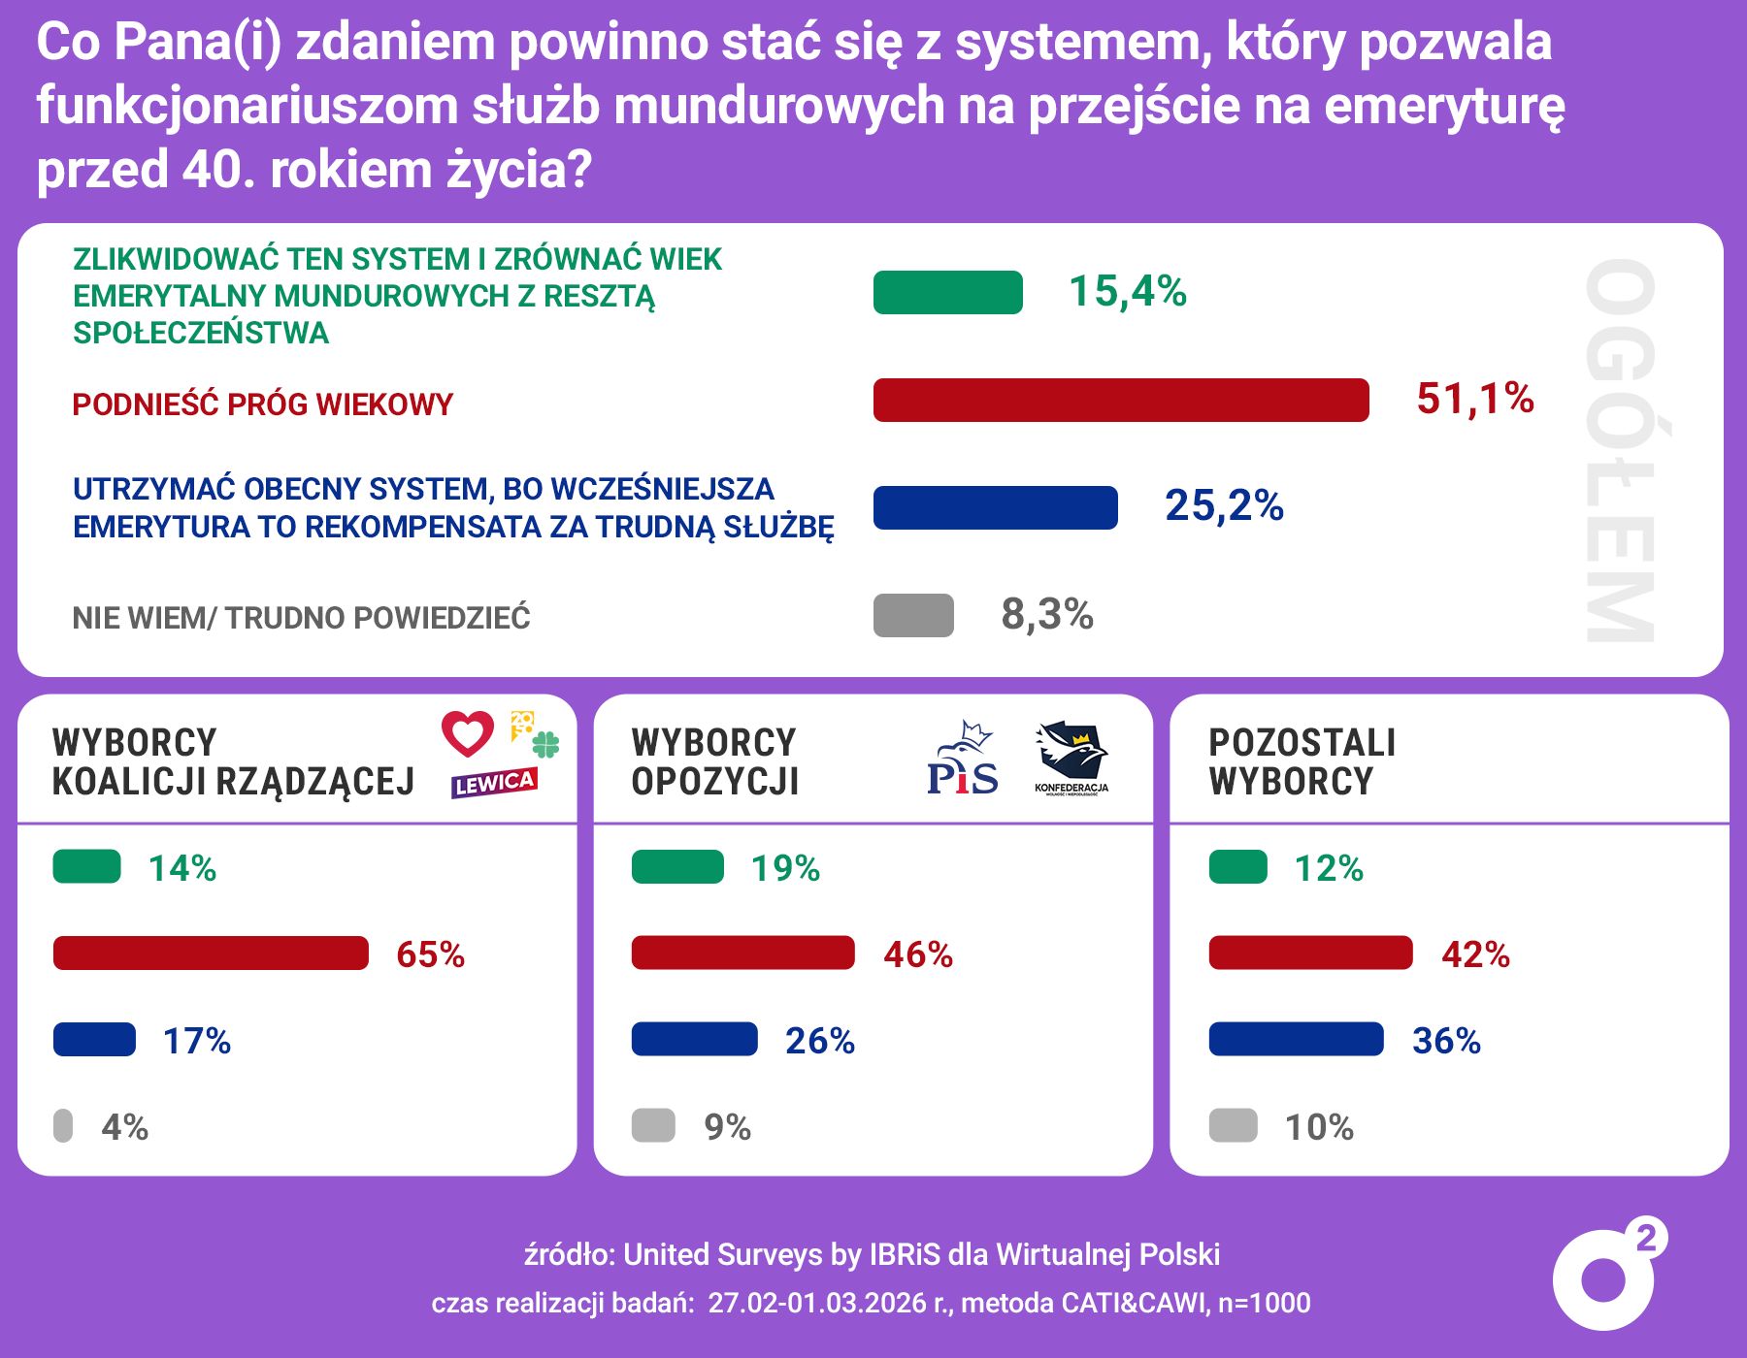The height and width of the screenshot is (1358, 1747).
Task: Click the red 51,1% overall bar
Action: point(1121,400)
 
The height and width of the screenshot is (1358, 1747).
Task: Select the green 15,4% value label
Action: point(1127,291)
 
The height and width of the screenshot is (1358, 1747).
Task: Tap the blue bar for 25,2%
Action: point(995,507)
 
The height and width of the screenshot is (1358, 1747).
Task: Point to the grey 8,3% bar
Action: point(913,615)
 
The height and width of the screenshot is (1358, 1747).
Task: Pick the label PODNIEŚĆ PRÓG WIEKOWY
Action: point(262,404)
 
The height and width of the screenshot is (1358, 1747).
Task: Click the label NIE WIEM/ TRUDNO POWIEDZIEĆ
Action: point(301,618)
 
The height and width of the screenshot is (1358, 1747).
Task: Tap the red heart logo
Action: point(468,733)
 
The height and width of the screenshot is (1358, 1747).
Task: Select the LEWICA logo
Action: point(494,783)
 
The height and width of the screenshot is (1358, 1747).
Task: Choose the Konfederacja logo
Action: point(1071,758)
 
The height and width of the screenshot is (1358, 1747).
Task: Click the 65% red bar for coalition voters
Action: point(211,953)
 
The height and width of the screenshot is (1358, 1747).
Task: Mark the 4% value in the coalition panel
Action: point(124,1127)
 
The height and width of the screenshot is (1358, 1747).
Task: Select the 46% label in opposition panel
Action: point(917,954)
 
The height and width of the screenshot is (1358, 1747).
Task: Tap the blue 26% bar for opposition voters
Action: point(694,1039)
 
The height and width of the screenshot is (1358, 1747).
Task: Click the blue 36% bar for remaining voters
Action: point(1296,1039)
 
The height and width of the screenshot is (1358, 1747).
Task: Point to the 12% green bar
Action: point(1237,866)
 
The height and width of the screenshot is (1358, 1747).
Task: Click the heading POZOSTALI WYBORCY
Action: point(1302,761)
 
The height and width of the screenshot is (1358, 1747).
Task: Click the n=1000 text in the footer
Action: point(1264,1303)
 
